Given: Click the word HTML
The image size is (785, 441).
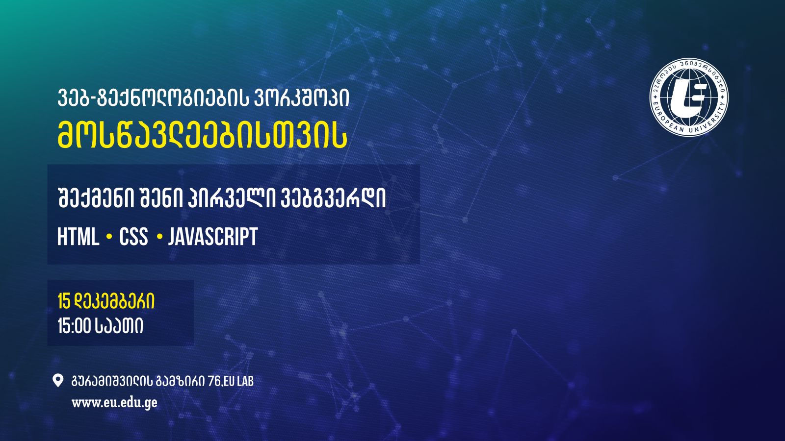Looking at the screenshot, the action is click(78, 237).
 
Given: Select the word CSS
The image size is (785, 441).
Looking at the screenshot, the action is click(133, 237).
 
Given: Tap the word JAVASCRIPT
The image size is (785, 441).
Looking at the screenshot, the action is click(213, 237).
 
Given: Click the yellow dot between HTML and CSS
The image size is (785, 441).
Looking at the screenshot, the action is click(109, 237).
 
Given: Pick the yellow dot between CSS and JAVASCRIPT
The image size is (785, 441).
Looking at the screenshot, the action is click(160, 237).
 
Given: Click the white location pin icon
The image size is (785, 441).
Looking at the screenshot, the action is click(58, 380).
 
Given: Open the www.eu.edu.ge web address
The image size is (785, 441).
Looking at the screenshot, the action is click(115, 403).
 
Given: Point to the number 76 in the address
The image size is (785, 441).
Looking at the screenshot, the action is click(214, 381).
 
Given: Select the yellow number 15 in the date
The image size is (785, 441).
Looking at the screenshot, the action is click(64, 301).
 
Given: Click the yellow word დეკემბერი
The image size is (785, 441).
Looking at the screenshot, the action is click(114, 301).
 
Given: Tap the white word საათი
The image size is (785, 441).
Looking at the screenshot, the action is click(119, 326).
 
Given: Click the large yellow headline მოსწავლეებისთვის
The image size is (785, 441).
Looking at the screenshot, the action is click(203, 135).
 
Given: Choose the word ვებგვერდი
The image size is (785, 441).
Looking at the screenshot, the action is click(333, 198).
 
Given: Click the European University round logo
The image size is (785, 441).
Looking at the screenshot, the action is click(689, 98).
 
